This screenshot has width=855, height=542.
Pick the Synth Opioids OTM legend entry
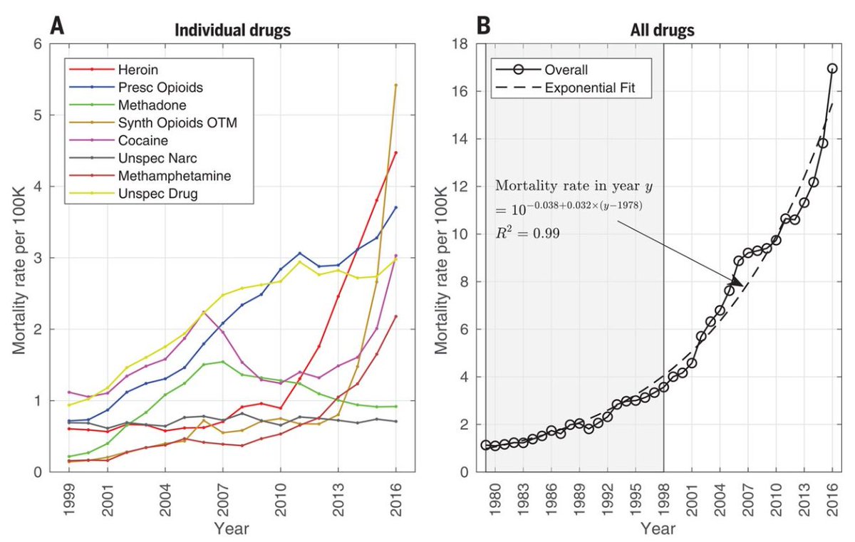(165, 123)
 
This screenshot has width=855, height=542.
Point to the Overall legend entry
(566, 70)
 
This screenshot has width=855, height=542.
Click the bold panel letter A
(57, 27)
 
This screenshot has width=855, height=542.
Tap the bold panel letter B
(482, 27)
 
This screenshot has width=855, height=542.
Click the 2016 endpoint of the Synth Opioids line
(395, 85)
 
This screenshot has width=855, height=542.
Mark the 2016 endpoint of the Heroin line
(395, 152)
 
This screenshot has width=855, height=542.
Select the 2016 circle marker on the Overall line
(832, 68)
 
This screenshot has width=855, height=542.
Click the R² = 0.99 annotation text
(528, 233)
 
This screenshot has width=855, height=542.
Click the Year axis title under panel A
(232, 528)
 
